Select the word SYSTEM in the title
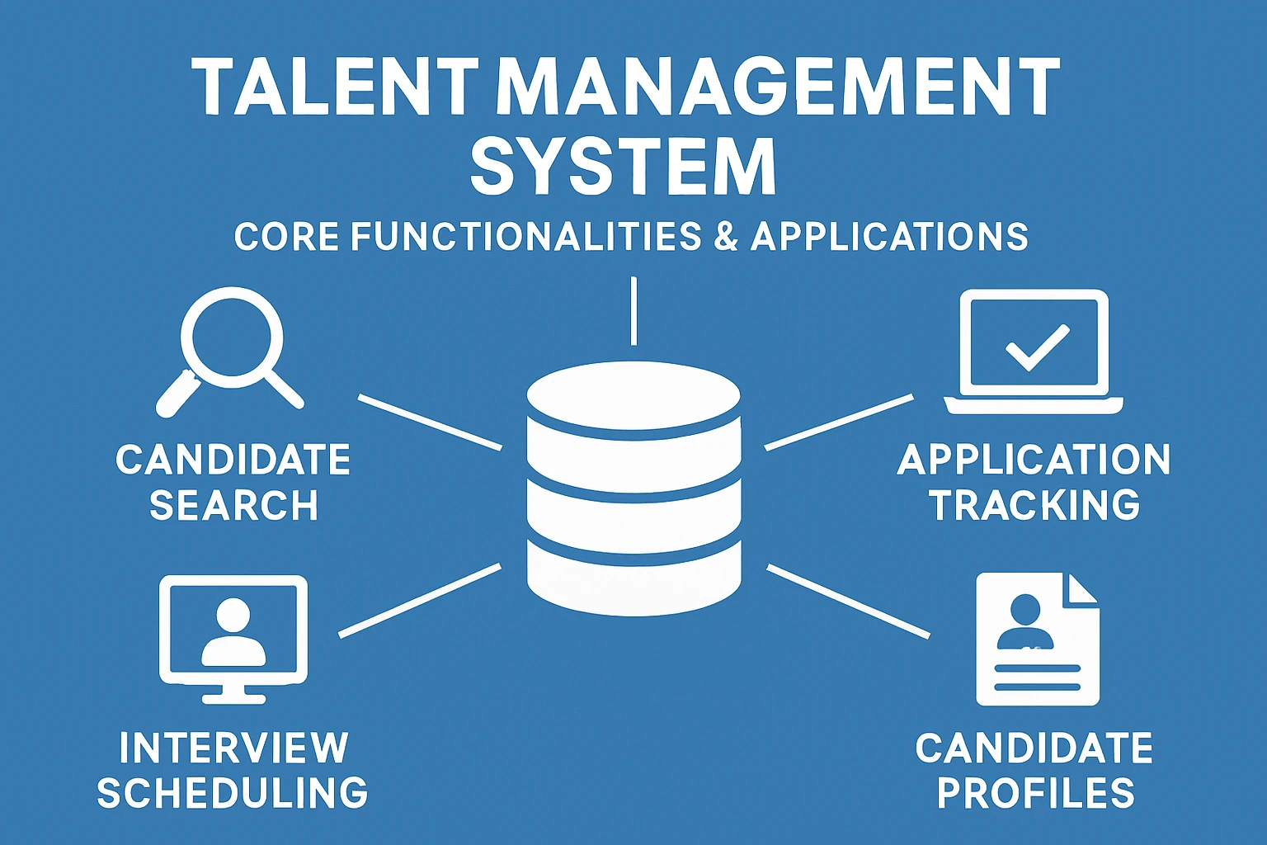point(623,168)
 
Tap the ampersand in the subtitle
point(726,237)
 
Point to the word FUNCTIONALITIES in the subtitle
point(525,237)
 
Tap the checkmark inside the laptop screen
point(1037,346)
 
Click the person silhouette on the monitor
point(233,632)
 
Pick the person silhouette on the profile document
point(1025,622)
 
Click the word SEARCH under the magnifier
point(233,505)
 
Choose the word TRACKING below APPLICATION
point(1034,505)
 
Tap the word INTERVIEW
point(233,748)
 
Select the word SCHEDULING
point(233,793)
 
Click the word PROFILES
point(1036,793)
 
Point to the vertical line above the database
point(633,311)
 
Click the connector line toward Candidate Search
point(430,422)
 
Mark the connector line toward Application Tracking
point(839,422)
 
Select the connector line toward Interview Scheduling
point(420,600)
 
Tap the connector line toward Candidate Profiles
point(848,601)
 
